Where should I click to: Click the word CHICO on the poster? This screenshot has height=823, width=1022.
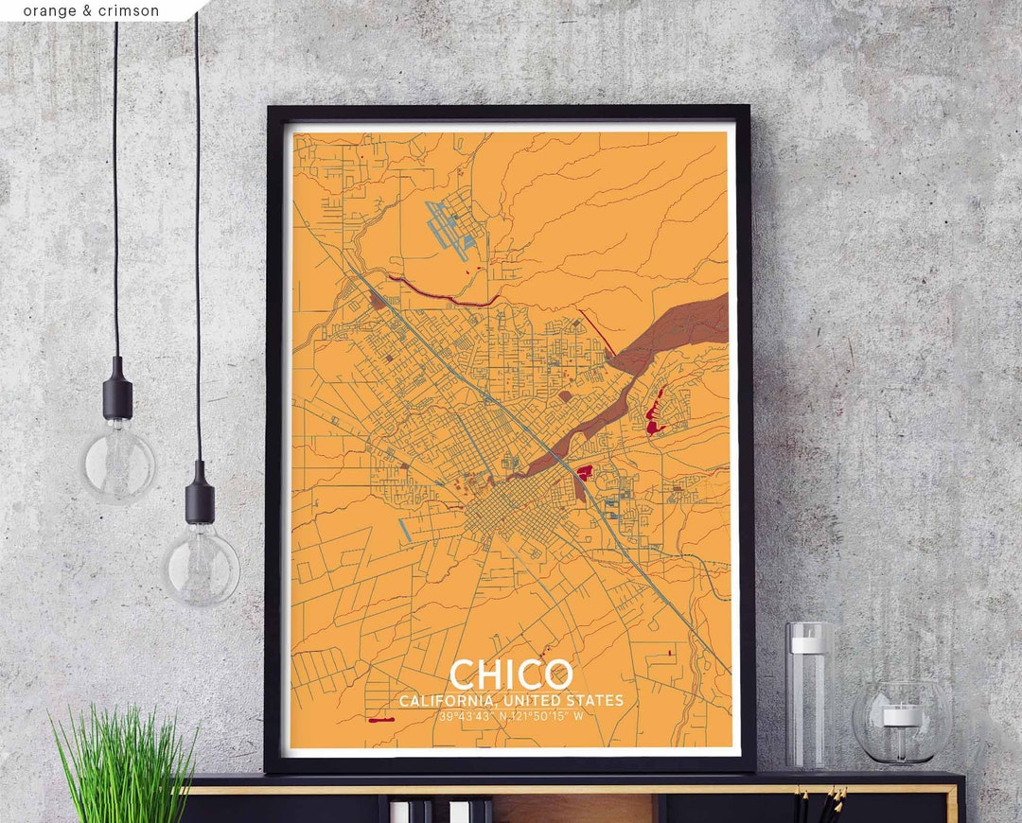click(511, 674)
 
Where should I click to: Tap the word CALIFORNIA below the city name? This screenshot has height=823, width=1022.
click(444, 701)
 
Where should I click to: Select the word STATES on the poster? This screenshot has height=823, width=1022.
click(593, 701)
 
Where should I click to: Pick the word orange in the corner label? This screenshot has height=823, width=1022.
click(47, 11)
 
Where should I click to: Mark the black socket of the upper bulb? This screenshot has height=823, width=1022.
click(118, 388)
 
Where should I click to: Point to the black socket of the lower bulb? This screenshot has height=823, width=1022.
click(200, 492)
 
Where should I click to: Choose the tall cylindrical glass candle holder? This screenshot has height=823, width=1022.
click(809, 700)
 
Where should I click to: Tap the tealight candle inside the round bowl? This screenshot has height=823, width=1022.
click(902, 715)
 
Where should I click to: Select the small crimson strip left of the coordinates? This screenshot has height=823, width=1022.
click(381, 720)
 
